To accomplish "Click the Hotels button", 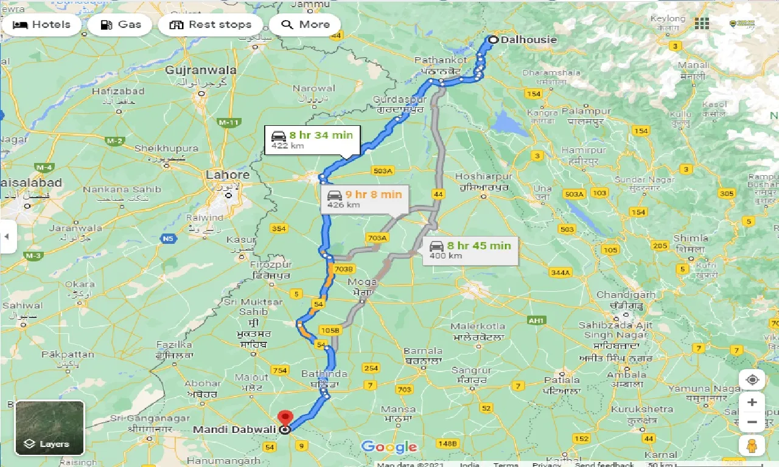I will click(x=41, y=25).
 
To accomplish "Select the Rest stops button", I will click(x=210, y=25).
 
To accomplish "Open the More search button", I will click(x=305, y=25).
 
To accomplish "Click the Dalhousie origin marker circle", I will click(x=492, y=40).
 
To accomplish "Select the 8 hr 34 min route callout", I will click(x=312, y=140).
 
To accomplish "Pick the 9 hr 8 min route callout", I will click(x=365, y=199).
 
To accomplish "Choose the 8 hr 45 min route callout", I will click(x=470, y=250).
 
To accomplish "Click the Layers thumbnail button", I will click(x=49, y=427).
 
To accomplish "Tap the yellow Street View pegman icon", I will click(x=752, y=445).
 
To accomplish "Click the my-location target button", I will click(x=752, y=380).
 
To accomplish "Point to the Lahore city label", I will click(x=228, y=175).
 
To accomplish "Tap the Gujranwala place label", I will click(x=201, y=71).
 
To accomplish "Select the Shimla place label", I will click(x=691, y=238).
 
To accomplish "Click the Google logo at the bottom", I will click(x=389, y=447).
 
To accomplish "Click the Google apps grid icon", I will click(x=702, y=24).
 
